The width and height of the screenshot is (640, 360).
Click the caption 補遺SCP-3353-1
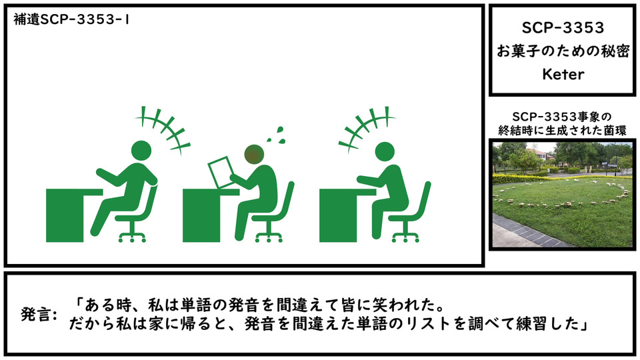71,19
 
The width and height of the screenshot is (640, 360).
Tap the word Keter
563,74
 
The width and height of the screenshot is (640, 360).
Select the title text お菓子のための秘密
563,51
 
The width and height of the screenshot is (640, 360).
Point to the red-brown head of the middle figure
254,154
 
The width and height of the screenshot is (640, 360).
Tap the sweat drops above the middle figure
275,134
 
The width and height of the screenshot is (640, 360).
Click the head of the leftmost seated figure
141,151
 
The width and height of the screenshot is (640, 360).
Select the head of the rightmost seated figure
385,152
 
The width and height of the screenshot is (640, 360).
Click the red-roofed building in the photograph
539,157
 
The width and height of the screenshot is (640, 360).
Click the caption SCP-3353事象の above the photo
562,117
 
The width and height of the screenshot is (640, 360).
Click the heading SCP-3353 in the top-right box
563,28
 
